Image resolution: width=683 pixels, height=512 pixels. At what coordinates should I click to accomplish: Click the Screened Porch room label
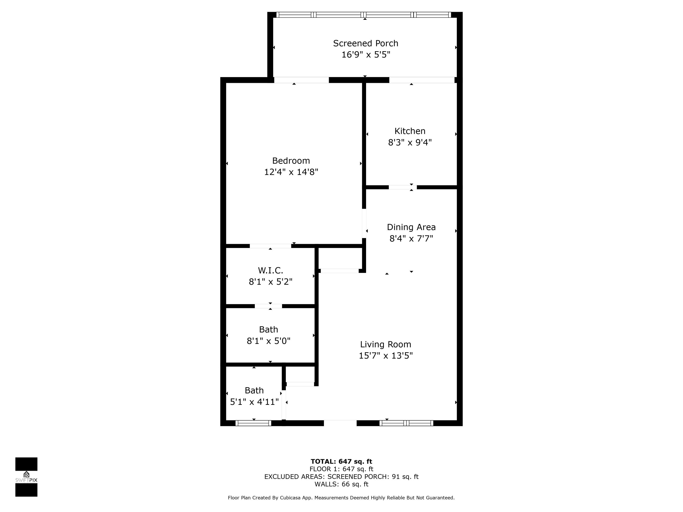coord(365,43)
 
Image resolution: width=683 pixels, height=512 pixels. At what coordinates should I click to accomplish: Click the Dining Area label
coord(411,227)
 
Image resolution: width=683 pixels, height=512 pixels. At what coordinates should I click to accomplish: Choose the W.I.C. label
coord(270,270)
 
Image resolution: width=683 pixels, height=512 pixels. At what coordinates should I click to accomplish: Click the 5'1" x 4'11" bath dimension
coord(254,402)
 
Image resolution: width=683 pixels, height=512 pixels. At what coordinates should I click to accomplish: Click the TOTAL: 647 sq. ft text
coord(341,461)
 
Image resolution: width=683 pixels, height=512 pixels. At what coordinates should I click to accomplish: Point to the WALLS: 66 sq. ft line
coord(341,484)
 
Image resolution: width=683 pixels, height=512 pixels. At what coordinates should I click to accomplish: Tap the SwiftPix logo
coord(26,477)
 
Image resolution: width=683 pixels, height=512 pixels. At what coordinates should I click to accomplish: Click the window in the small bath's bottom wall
coord(253,423)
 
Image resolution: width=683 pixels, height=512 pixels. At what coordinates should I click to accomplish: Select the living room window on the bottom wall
coord(406,423)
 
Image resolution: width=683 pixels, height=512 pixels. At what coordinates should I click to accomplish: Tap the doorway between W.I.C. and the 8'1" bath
coord(268,306)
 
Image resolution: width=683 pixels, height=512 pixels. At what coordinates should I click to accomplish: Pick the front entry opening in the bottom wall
coord(340,423)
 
